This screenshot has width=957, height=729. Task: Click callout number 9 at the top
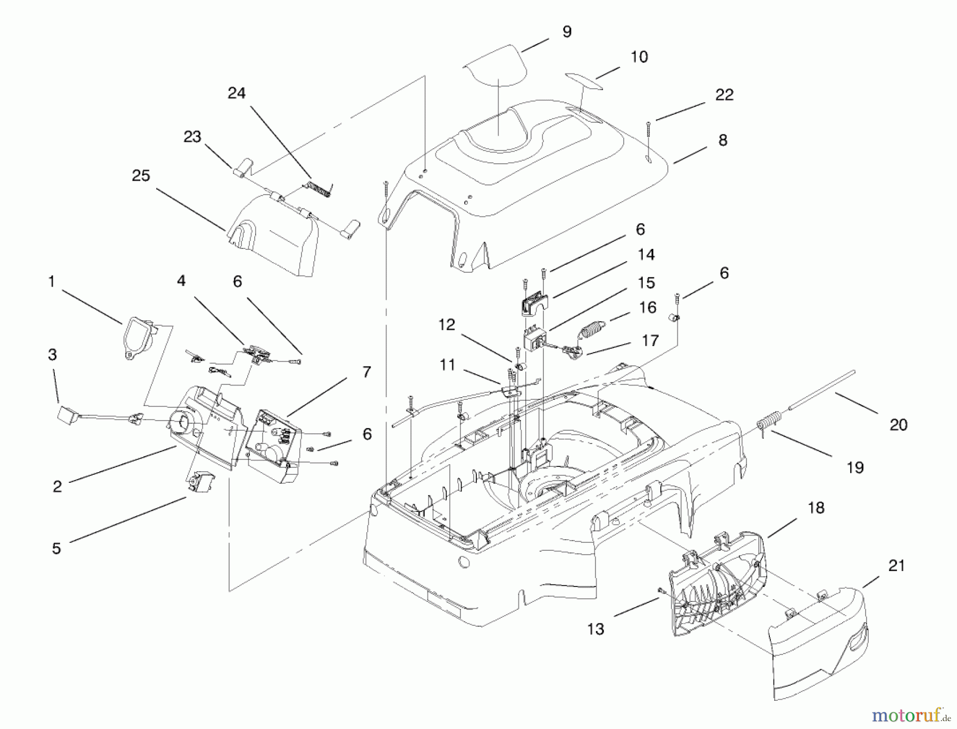tap(567, 32)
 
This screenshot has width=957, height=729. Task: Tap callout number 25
tap(141, 176)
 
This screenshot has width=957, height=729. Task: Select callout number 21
tap(896, 566)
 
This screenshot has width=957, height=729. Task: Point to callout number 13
tap(595, 629)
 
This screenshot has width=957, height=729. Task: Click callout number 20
tap(898, 425)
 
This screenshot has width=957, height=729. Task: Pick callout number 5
tap(56, 549)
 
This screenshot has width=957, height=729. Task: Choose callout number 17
tap(650, 340)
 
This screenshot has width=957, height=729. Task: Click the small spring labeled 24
tap(318, 188)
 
